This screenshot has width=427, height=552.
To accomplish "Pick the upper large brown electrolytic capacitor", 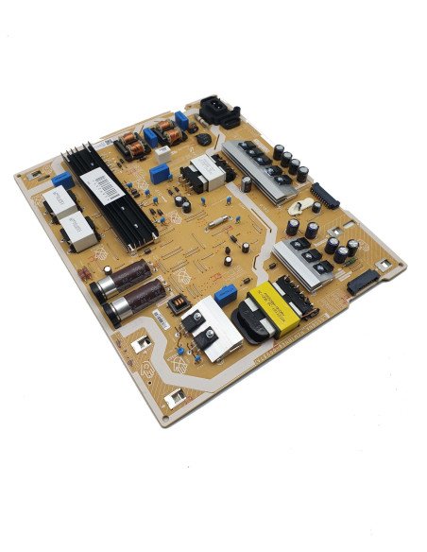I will [x=129, y=276].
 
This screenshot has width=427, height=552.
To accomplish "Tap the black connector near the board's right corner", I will [x=362, y=281].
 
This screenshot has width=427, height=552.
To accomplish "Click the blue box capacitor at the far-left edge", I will [x=63, y=180].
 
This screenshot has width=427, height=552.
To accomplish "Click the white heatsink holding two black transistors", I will [x=210, y=332].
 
